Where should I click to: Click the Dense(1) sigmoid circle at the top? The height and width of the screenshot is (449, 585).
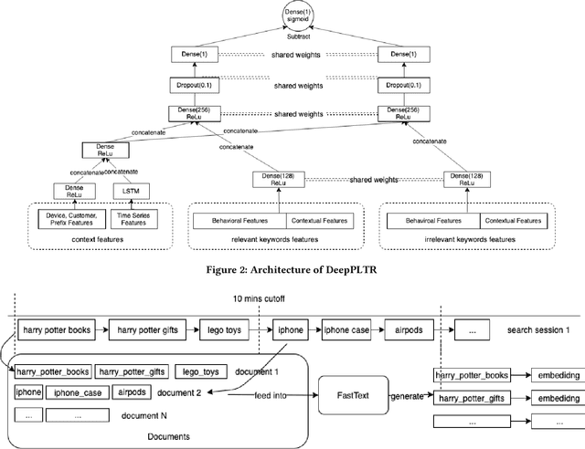tap(292, 16)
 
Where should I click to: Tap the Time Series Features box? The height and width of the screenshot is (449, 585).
tap(133, 220)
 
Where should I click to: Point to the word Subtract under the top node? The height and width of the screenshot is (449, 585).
tap(292, 37)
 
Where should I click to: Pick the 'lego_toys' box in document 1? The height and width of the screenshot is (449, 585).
tap(200, 371)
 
